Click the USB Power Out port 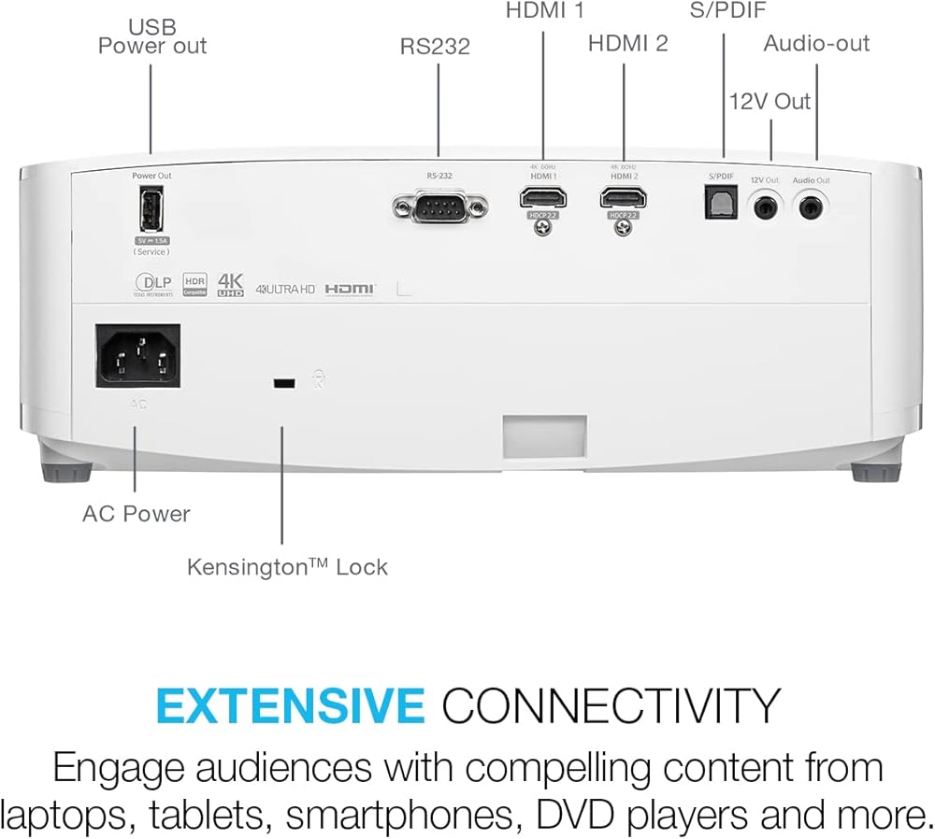click(151, 210)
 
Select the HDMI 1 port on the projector click(542, 198)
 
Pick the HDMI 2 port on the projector click(624, 198)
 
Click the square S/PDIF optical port click(720, 203)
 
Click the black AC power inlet click(137, 355)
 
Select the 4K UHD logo click(230, 284)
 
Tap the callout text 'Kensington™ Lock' click(287, 567)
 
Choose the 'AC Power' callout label click(136, 514)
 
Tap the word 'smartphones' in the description click(391, 812)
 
